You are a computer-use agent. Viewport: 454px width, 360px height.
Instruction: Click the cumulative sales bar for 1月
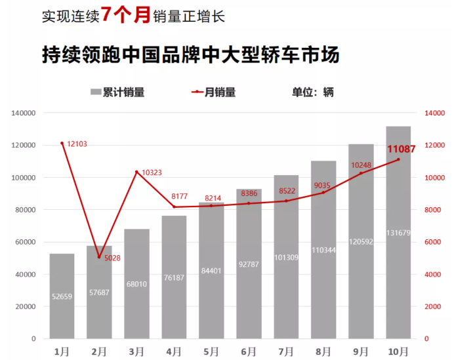point(62,295)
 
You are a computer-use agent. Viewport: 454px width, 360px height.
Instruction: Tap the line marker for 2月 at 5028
point(99,256)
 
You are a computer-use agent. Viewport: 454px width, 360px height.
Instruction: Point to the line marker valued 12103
point(62,143)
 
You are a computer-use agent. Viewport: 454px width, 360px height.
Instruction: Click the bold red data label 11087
point(402,150)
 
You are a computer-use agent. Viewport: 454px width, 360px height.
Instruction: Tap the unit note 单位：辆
point(312,92)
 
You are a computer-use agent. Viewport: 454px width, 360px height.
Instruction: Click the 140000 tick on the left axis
point(23,113)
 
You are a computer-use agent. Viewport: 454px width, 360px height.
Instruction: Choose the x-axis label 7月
point(286,352)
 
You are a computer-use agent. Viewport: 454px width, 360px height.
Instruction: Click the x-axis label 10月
point(398,352)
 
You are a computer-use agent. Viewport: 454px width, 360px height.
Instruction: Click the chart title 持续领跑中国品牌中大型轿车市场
point(190,54)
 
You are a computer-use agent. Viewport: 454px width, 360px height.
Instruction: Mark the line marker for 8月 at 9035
point(323,192)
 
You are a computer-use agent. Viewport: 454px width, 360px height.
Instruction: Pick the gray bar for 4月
point(174,275)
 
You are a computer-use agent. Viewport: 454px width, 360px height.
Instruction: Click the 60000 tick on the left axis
point(25,242)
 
